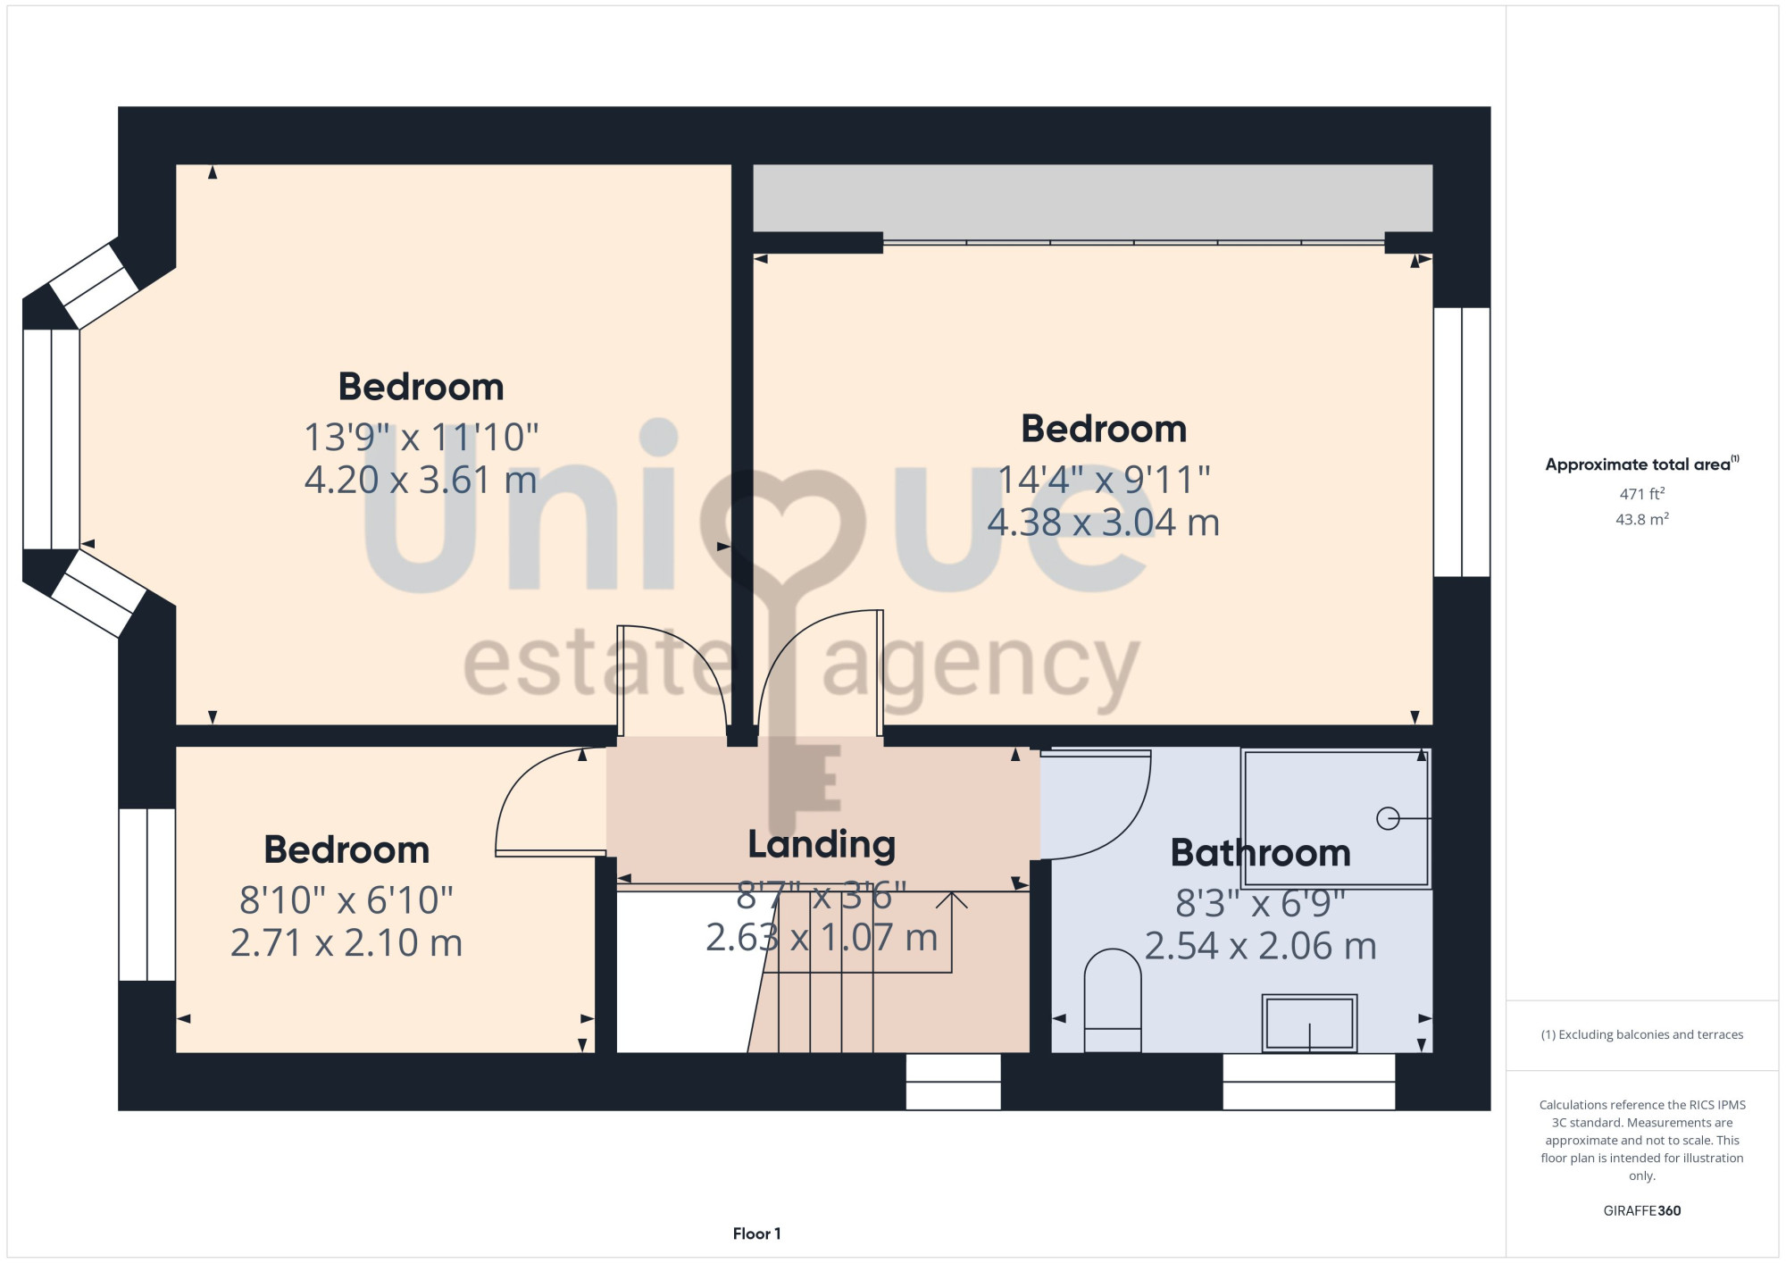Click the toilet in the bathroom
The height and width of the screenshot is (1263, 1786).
(x=1113, y=1000)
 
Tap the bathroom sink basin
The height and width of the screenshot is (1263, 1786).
(x=1309, y=1023)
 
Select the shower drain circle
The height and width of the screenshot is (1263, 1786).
(x=1388, y=818)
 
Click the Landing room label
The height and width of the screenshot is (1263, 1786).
(x=822, y=845)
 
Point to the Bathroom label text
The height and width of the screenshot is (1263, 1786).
(x=1260, y=853)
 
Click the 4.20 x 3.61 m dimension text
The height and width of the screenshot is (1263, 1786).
(x=421, y=481)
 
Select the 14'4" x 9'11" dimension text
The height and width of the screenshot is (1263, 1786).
(x=1104, y=480)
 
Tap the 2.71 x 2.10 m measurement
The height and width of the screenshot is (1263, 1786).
(x=346, y=943)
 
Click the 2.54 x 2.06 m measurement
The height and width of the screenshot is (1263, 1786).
(x=1260, y=947)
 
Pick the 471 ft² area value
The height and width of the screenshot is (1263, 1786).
(x=1642, y=493)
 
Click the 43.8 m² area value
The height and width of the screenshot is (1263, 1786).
(x=1642, y=519)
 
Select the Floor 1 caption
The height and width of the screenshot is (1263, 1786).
(x=756, y=1234)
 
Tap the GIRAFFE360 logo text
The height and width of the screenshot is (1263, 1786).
(x=1642, y=1211)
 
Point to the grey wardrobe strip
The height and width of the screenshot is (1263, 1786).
(x=1093, y=198)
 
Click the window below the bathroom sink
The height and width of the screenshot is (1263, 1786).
(x=1308, y=1082)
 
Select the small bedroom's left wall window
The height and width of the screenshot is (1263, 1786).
(x=147, y=895)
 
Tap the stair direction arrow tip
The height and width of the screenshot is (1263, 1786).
(x=952, y=892)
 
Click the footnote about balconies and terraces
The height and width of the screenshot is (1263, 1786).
(x=1642, y=1034)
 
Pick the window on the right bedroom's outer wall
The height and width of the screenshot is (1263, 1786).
(x=1462, y=442)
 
